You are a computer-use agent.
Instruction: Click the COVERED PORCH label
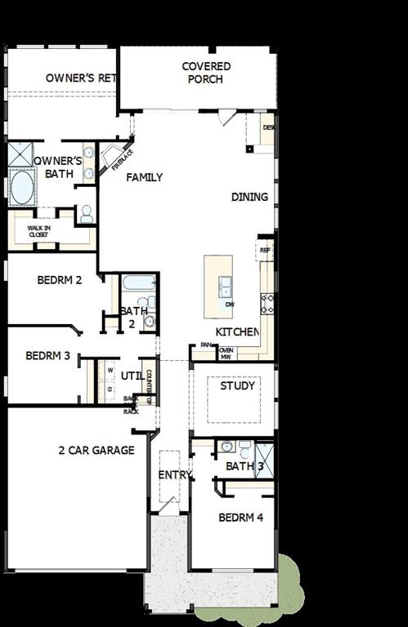206,73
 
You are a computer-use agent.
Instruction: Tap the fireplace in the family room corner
110,155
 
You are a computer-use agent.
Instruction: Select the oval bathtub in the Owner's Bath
20,186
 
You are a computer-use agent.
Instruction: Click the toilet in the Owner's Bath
85,214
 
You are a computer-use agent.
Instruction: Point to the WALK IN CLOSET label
39,231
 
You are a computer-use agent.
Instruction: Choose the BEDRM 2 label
60,280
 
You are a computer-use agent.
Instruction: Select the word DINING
249,197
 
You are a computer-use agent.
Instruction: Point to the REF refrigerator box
266,248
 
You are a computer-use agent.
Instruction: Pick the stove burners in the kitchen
267,304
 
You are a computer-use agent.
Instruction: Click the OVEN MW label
226,353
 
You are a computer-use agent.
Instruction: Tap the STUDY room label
238,385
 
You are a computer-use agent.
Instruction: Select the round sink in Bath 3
226,447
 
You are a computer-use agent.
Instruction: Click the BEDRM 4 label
240,518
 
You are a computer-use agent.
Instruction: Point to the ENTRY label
174,474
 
